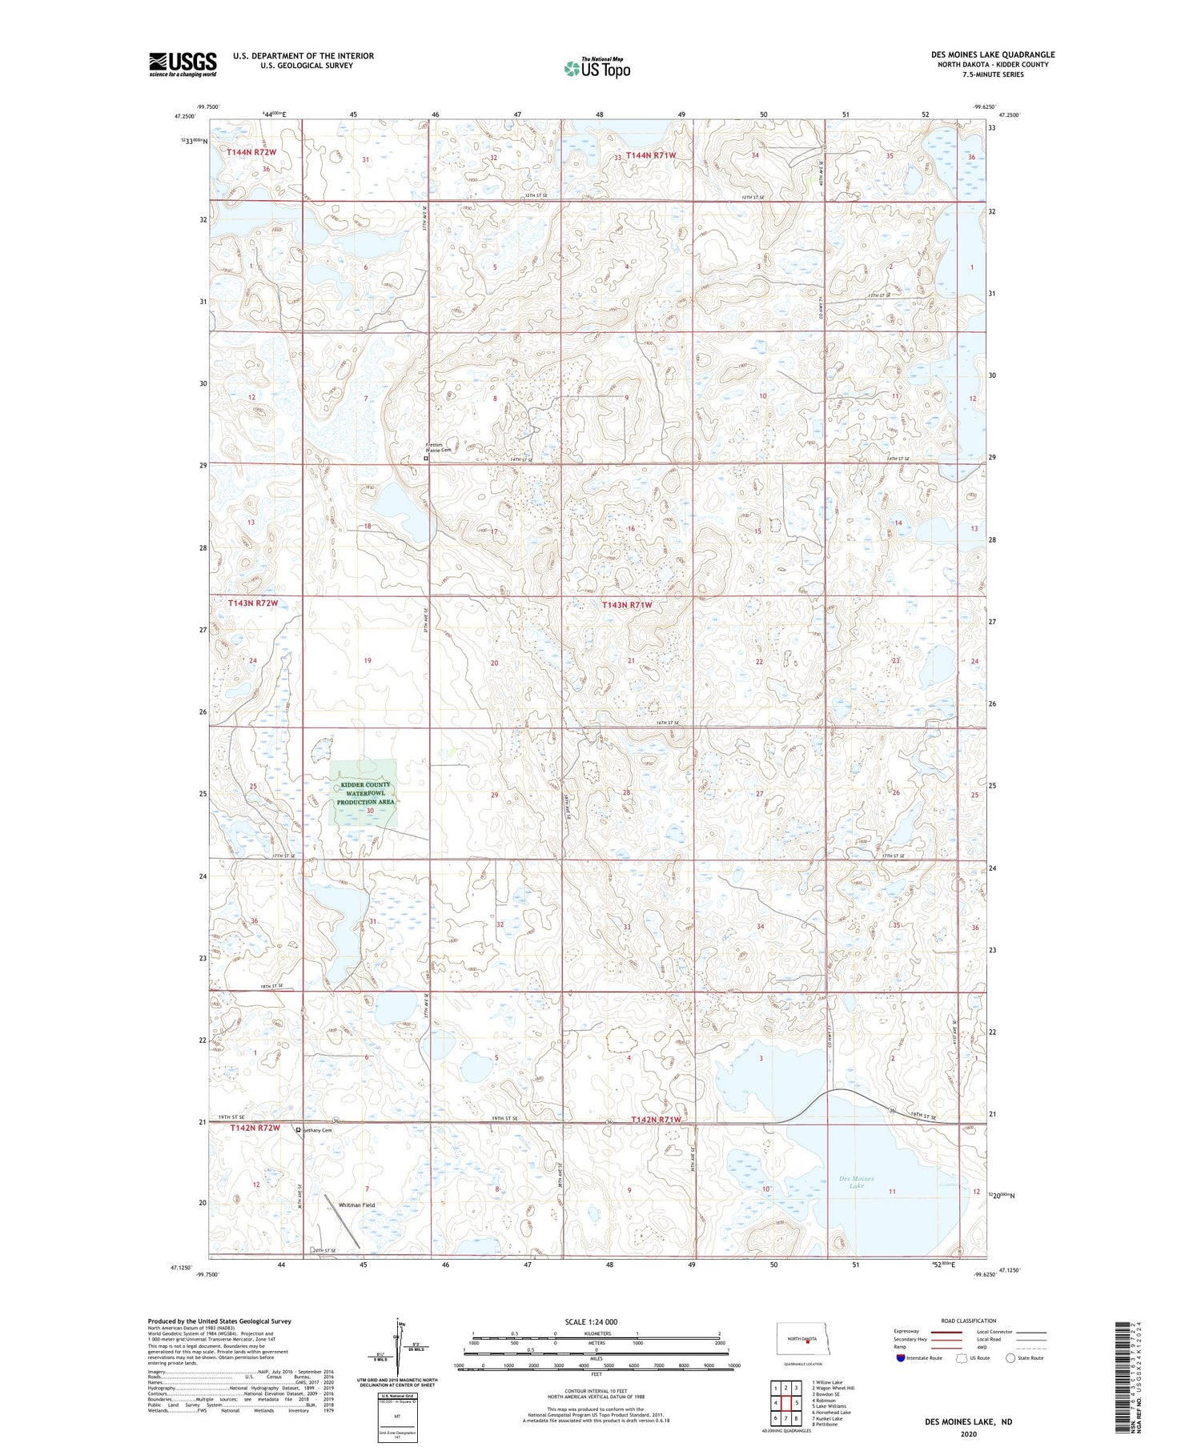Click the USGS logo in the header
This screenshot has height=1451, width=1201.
(x=183, y=64)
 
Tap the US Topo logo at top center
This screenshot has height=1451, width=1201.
(x=596, y=69)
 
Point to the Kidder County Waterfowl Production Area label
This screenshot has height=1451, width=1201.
(x=364, y=793)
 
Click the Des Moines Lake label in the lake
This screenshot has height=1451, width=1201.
(x=857, y=1182)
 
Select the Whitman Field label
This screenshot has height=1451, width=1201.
(x=356, y=1204)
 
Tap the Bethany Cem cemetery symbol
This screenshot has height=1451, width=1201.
(x=299, y=1130)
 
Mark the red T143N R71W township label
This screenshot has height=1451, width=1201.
(x=627, y=605)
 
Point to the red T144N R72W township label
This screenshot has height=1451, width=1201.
(x=251, y=152)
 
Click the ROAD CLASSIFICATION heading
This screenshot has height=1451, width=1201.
(x=969, y=1321)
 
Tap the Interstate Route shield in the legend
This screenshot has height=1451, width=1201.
(x=900, y=1357)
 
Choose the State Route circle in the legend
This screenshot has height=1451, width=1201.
(x=1010, y=1357)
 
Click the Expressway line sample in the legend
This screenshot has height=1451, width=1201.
(x=946, y=1332)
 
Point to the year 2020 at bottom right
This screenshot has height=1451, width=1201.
(x=969, y=1433)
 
